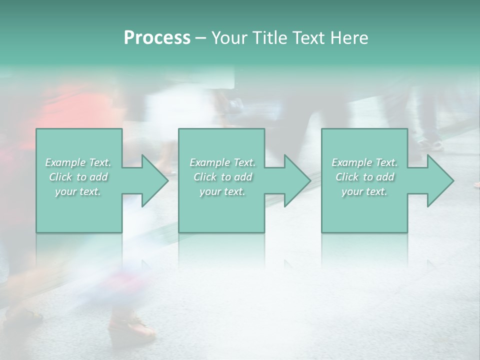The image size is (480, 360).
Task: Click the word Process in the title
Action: (x=157, y=38)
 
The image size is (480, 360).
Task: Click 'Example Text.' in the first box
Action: (x=78, y=162)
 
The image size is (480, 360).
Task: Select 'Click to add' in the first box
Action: (x=78, y=177)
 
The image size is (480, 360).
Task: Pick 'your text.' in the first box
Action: (x=78, y=191)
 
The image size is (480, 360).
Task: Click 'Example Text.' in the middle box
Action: (x=222, y=162)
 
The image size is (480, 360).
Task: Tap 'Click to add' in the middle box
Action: (x=222, y=177)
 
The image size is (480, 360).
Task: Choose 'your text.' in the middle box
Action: (x=222, y=191)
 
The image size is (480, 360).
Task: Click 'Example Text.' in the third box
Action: (x=364, y=162)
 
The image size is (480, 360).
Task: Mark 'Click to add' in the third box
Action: (x=364, y=177)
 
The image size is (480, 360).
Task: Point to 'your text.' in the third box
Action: (x=364, y=191)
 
